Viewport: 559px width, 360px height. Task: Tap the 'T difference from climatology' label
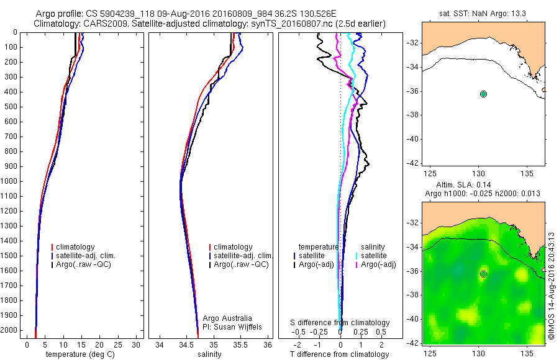pyautogui.click(x=339, y=354)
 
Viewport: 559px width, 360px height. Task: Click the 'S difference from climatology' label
pyautogui.click(x=340, y=323)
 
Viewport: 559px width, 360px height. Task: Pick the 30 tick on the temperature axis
pyautogui.click(x=135, y=344)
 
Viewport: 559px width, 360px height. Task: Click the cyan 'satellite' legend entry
pyautogui.click(x=374, y=255)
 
